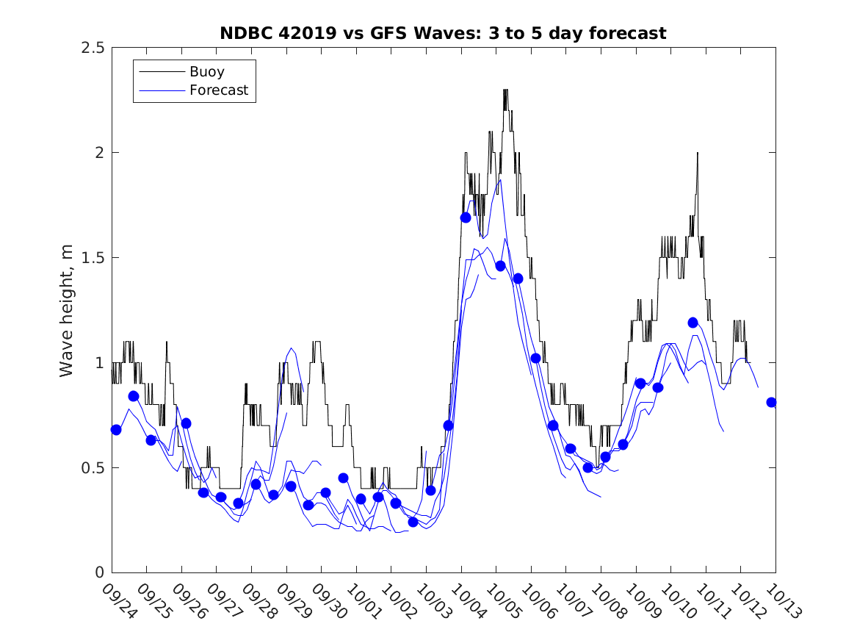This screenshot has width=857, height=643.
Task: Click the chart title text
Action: click(443, 33)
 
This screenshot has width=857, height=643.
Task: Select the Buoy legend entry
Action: click(207, 72)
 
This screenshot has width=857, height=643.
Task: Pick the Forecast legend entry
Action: click(219, 91)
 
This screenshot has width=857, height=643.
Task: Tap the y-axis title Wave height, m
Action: click(67, 310)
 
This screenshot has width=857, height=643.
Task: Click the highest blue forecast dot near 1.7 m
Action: click(466, 218)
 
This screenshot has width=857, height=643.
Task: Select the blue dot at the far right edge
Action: click(772, 402)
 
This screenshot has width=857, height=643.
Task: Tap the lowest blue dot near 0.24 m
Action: click(413, 522)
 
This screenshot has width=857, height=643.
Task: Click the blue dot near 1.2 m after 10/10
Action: click(693, 323)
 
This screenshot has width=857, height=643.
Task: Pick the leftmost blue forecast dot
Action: click(116, 430)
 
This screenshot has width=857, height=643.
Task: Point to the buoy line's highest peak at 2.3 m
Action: click(505, 90)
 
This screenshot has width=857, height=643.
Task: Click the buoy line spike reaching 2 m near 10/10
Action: click(698, 154)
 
